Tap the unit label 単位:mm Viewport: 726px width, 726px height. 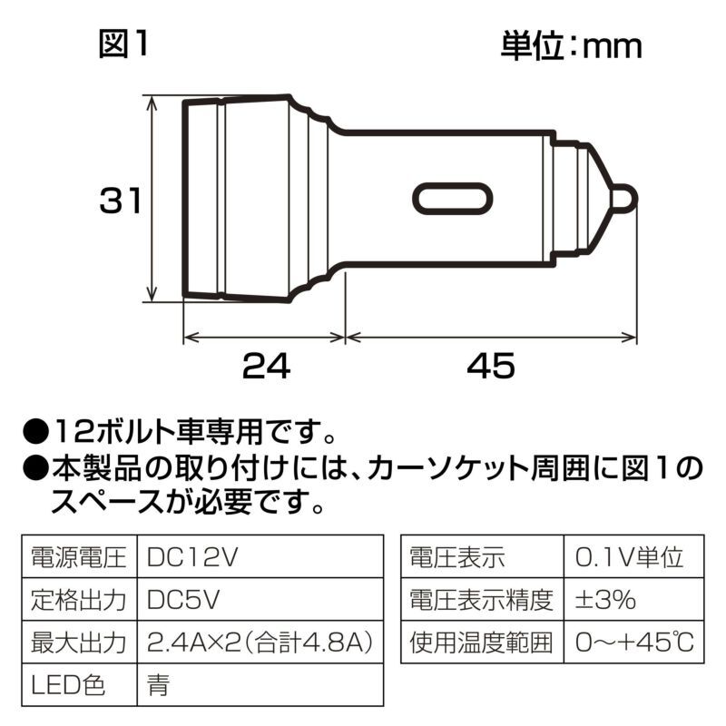571,44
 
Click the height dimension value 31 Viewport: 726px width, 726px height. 122,201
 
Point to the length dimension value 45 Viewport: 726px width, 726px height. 491,367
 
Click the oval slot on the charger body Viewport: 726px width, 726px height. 453,199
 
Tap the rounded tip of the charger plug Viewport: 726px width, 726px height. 624,199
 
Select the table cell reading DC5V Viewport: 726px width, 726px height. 183,600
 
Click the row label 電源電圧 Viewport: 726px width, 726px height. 77,556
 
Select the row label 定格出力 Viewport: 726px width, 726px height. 77,600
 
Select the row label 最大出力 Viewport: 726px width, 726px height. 77,643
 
